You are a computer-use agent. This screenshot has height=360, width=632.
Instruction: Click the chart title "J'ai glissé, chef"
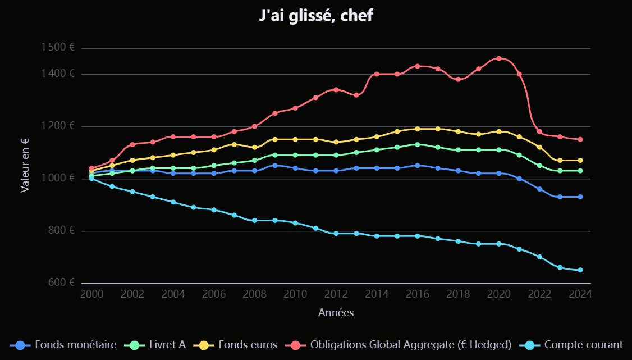click(316, 16)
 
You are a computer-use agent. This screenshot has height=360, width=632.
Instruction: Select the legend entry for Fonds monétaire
click(75, 345)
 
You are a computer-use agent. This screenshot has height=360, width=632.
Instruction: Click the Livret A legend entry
click(166, 345)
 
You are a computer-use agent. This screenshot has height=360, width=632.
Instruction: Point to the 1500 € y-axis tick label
click(58, 48)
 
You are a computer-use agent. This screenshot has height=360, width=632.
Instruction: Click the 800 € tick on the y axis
click(61, 230)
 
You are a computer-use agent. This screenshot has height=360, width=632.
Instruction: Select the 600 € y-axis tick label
click(61, 282)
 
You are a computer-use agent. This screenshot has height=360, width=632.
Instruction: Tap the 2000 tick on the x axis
click(91, 294)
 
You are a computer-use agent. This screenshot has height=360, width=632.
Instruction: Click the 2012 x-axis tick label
click(336, 294)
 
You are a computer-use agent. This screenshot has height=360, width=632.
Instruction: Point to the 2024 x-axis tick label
click(580, 294)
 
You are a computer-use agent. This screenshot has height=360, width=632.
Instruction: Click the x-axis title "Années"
click(336, 312)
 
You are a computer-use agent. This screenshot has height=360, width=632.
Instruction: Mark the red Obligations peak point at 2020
click(499, 58)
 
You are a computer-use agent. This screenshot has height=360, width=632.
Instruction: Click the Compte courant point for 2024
click(580, 270)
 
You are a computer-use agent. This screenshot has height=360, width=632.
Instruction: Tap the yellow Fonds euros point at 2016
click(418, 129)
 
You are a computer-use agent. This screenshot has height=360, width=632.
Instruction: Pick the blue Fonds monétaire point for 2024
click(580, 197)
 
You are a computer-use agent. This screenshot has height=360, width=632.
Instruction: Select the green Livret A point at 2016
click(418, 144)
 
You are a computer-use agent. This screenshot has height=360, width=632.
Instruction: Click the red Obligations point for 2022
click(539, 132)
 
